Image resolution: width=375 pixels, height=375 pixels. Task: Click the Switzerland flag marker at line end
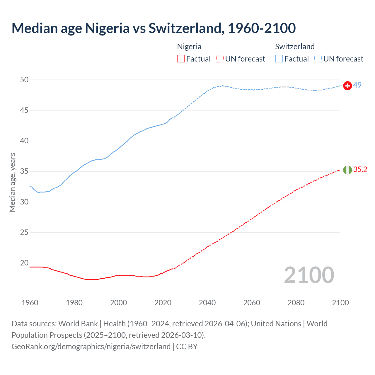point(347,86)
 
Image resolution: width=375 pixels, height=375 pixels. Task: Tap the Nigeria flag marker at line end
point(347,170)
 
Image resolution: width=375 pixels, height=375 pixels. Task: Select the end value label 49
point(357,85)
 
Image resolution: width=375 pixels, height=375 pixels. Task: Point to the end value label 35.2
point(360,170)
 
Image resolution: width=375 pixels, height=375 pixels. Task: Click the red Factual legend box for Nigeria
point(181,59)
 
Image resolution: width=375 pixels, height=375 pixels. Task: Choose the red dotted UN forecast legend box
point(220,59)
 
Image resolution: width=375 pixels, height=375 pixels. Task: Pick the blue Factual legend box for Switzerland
point(279,59)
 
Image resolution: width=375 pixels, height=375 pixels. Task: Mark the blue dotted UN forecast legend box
point(318,59)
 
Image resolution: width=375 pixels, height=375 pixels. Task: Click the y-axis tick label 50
point(25,80)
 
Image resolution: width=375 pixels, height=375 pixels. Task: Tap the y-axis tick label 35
point(25,171)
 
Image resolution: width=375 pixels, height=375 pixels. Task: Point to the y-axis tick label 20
point(25,263)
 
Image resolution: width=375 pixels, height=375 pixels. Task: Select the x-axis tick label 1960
point(30,303)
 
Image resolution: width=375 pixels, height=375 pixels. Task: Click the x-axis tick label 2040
point(207,303)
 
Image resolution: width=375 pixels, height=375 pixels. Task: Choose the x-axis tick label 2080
point(296,303)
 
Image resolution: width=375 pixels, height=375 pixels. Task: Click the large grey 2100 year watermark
point(309,275)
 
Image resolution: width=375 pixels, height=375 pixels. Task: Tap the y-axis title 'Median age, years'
point(12,182)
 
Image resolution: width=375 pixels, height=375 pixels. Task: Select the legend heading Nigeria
point(189,47)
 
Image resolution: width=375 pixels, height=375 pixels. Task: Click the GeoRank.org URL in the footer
point(91,346)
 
